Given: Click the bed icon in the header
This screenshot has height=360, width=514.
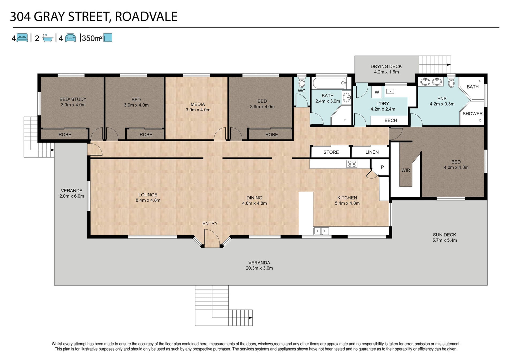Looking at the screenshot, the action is coord(22,38).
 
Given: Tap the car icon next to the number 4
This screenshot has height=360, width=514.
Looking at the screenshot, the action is coord(70,38).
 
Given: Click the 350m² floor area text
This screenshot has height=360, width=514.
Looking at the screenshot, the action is coord(92,38).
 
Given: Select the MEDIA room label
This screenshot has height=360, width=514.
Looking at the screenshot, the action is coord(198,104).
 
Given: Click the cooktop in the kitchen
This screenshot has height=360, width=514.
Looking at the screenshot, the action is coord(352,164).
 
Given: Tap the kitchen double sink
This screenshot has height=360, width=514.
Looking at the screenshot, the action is coord(321,231).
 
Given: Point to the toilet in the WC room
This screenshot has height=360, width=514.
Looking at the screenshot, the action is coord(302,82).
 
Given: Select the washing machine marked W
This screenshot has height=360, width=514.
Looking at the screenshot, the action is coord(377,92).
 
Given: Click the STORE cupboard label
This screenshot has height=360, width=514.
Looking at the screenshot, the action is coord(331,152).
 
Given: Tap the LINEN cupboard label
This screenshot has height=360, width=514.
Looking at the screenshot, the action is coord(372,152).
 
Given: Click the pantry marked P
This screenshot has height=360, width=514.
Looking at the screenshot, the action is coord(382,167).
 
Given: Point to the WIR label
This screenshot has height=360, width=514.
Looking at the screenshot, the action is coord(406,170).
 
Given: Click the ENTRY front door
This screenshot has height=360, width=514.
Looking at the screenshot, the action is coord(212,238).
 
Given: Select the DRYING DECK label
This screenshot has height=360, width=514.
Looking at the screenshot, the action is coord(386,66).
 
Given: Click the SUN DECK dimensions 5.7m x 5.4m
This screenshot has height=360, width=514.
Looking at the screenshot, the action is coord(445,240).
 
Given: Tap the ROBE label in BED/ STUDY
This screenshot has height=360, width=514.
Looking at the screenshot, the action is coord(65,135).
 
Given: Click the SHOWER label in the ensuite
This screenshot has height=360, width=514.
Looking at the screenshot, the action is coord(473,113).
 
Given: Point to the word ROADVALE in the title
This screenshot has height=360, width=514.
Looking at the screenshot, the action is coord(146,17).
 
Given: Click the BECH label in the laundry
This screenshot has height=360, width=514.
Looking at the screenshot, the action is coord(391,120).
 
